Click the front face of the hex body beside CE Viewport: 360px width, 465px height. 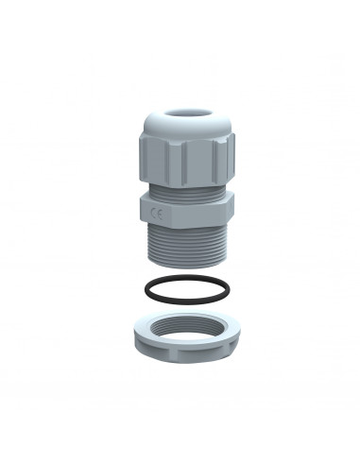(x=184, y=215)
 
